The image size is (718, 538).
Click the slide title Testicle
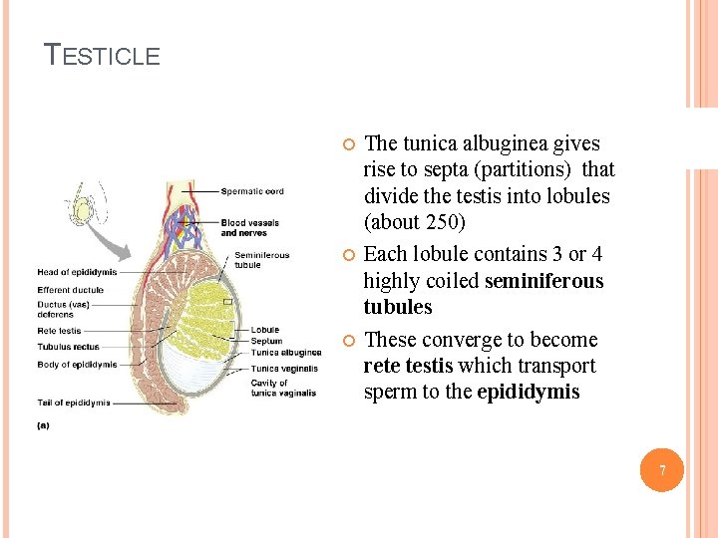pyautogui.click(x=103, y=55)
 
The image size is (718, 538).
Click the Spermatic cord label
pyautogui.click(x=252, y=191)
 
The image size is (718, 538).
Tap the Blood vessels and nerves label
pyautogui.click(x=249, y=228)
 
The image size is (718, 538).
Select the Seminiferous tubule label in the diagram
pyautogui.click(x=262, y=259)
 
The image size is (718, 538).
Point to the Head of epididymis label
pyautogui.click(x=77, y=272)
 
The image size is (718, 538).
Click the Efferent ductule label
pyautogui.click(x=71, y=291)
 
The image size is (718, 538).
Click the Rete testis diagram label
pyautogui.click(x=60, y=331)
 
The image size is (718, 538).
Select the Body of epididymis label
pyautogui.click(x=77, y=365)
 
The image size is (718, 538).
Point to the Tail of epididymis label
pyautogui.click(x=74, y=403)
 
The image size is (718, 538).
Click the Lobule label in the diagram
pyautogui.click(x=265, y=330)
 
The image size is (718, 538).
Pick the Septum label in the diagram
pyautogui.click(x=266, y=341)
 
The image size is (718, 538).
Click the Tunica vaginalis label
pyautogui.click(x=285, y=369)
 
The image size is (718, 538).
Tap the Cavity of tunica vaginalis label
pyautogui.click(x=283, y=388)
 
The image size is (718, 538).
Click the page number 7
pyautogui.click(x=660, y=469)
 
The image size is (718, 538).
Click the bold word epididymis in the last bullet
pyautogui.click(x=528, y=392)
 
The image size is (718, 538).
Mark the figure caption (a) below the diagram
pyautogui.click(x=44, y=425)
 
